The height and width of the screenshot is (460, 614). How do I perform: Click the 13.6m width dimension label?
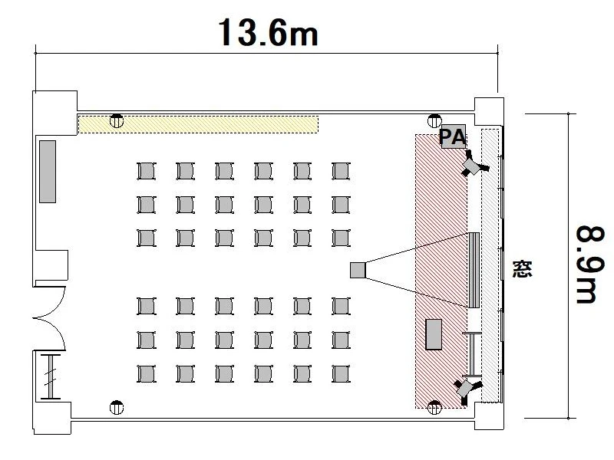[x=268, y=32]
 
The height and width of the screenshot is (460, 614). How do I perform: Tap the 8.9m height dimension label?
[x=586, y=264]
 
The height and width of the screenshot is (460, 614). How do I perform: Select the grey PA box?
[x=454, y=136]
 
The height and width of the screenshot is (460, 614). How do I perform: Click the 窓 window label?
[x=523, y=269]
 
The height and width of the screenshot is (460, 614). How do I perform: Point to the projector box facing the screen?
[x=358, y=270]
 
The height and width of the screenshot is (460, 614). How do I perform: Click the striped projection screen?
[x=474, y=270]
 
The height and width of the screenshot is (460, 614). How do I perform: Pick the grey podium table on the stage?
[x=434, y=334]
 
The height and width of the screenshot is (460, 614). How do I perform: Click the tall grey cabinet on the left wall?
[x=48, y=172]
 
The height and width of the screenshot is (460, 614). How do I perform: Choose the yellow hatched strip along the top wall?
[x=198, y=124]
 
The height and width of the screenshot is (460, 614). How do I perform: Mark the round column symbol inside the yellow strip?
[x=117, y=121]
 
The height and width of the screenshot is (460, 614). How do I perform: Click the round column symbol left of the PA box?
[x=434, y=121]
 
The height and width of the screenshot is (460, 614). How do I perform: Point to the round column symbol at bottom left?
[x=117, y=408]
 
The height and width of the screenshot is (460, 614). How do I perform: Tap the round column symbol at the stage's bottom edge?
[x=434, y=408]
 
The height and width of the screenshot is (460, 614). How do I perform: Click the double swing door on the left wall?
[x=50, y=317]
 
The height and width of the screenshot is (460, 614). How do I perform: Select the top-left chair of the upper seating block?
[x=147, y=171]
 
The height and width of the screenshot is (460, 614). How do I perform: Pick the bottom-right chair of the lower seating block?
[x=341, y=374]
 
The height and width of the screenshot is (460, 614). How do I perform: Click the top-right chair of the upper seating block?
[x=341, y=171]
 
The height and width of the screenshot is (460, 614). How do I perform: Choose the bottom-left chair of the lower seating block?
[x=147, y=374]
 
